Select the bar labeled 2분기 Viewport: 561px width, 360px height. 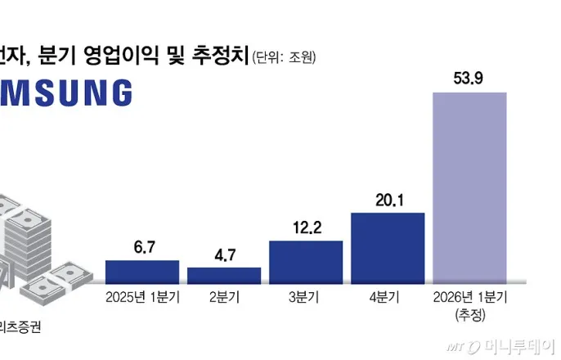click(224, 275)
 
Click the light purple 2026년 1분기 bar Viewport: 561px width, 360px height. click(469, 187)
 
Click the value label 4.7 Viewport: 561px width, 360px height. click(224, 255)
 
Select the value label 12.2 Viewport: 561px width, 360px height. click(306, 228)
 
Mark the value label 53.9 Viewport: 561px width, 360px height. click(469, 79)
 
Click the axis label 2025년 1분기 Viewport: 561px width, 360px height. click(142, 297)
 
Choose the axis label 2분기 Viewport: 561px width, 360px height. click(224, 297)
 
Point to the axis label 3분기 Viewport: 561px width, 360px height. click(306, 297)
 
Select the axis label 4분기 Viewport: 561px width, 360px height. click(388, 297)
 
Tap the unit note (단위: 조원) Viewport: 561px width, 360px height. click(284, 57)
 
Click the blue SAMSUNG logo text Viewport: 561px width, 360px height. click(65, 93)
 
